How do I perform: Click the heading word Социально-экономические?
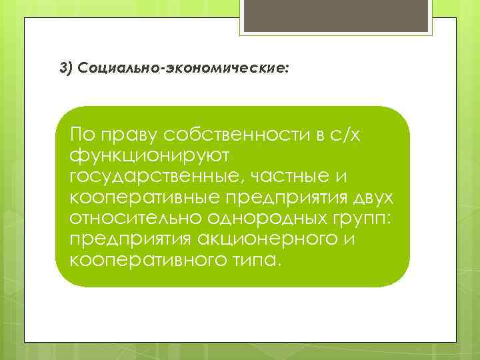coord(183,69)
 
